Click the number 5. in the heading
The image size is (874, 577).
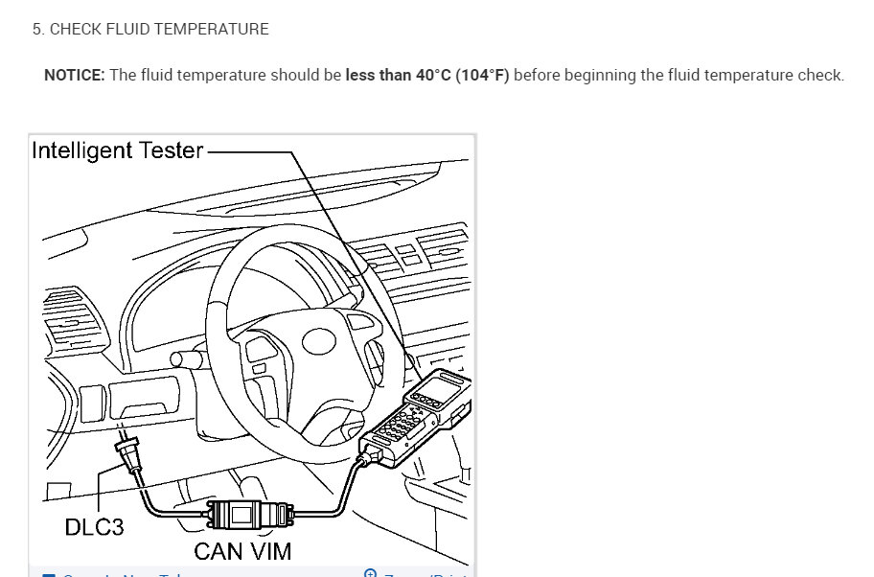click(x=37, y=30)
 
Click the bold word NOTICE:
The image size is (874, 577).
click(x=75, y=76)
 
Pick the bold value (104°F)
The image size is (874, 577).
click(x=482, y=76)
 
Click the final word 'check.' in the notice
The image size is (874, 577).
click(x=822, y=76)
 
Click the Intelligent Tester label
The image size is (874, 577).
click(x=118, y=150)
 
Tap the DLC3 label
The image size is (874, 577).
click(x=94, y=526)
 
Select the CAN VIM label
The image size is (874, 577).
click(x=242, y=550)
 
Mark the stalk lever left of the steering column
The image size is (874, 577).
click(x=187, y=358)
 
